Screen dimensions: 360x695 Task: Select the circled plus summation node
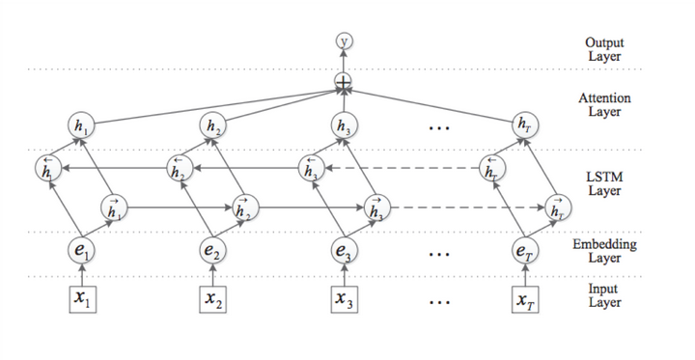point(343,85)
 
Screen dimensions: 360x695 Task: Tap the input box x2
point(212,299)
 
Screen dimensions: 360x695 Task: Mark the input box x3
point(343,299)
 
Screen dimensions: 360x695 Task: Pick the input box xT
point(525,299)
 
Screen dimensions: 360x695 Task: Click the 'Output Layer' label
point(605,49)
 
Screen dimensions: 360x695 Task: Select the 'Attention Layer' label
point(605,105)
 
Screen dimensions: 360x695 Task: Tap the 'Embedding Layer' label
point(605,251)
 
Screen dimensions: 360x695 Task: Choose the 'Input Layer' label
point(605,295)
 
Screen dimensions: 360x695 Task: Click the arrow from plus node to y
point(343,63)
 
